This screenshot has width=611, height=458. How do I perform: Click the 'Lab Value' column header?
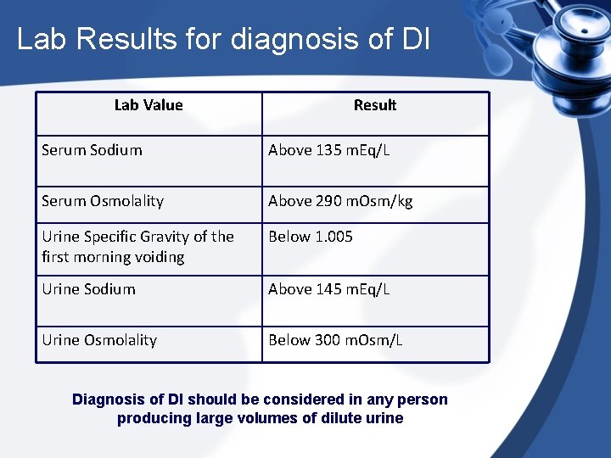click(x=149, y=105)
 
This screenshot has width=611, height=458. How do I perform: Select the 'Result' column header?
click(x=374, y=105)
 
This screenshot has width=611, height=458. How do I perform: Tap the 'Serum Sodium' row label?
click(x=92, y=150)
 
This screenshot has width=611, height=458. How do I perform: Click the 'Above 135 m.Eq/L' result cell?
click(x=328, y=150)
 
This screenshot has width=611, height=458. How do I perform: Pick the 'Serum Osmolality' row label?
click(x=103, y=201)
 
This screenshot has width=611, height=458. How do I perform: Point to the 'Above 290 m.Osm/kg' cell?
click(x=340, y=201)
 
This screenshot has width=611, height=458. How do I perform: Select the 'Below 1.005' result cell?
click(x=311, y=237)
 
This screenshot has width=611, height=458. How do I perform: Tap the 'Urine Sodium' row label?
click(x=88, y=289)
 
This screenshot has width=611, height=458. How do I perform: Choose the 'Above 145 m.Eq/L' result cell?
click(x=328, y=289)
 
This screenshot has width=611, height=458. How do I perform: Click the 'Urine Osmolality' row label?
click(x=99, y=340)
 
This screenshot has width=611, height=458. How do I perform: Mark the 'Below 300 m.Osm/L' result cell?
click(x=335, y=340)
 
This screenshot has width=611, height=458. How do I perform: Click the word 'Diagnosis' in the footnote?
click(x=108, y=399)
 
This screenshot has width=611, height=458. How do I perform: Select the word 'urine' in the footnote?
click(x=383, y=418)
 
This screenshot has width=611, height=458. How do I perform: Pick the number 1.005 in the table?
click(x=334, y=237)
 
